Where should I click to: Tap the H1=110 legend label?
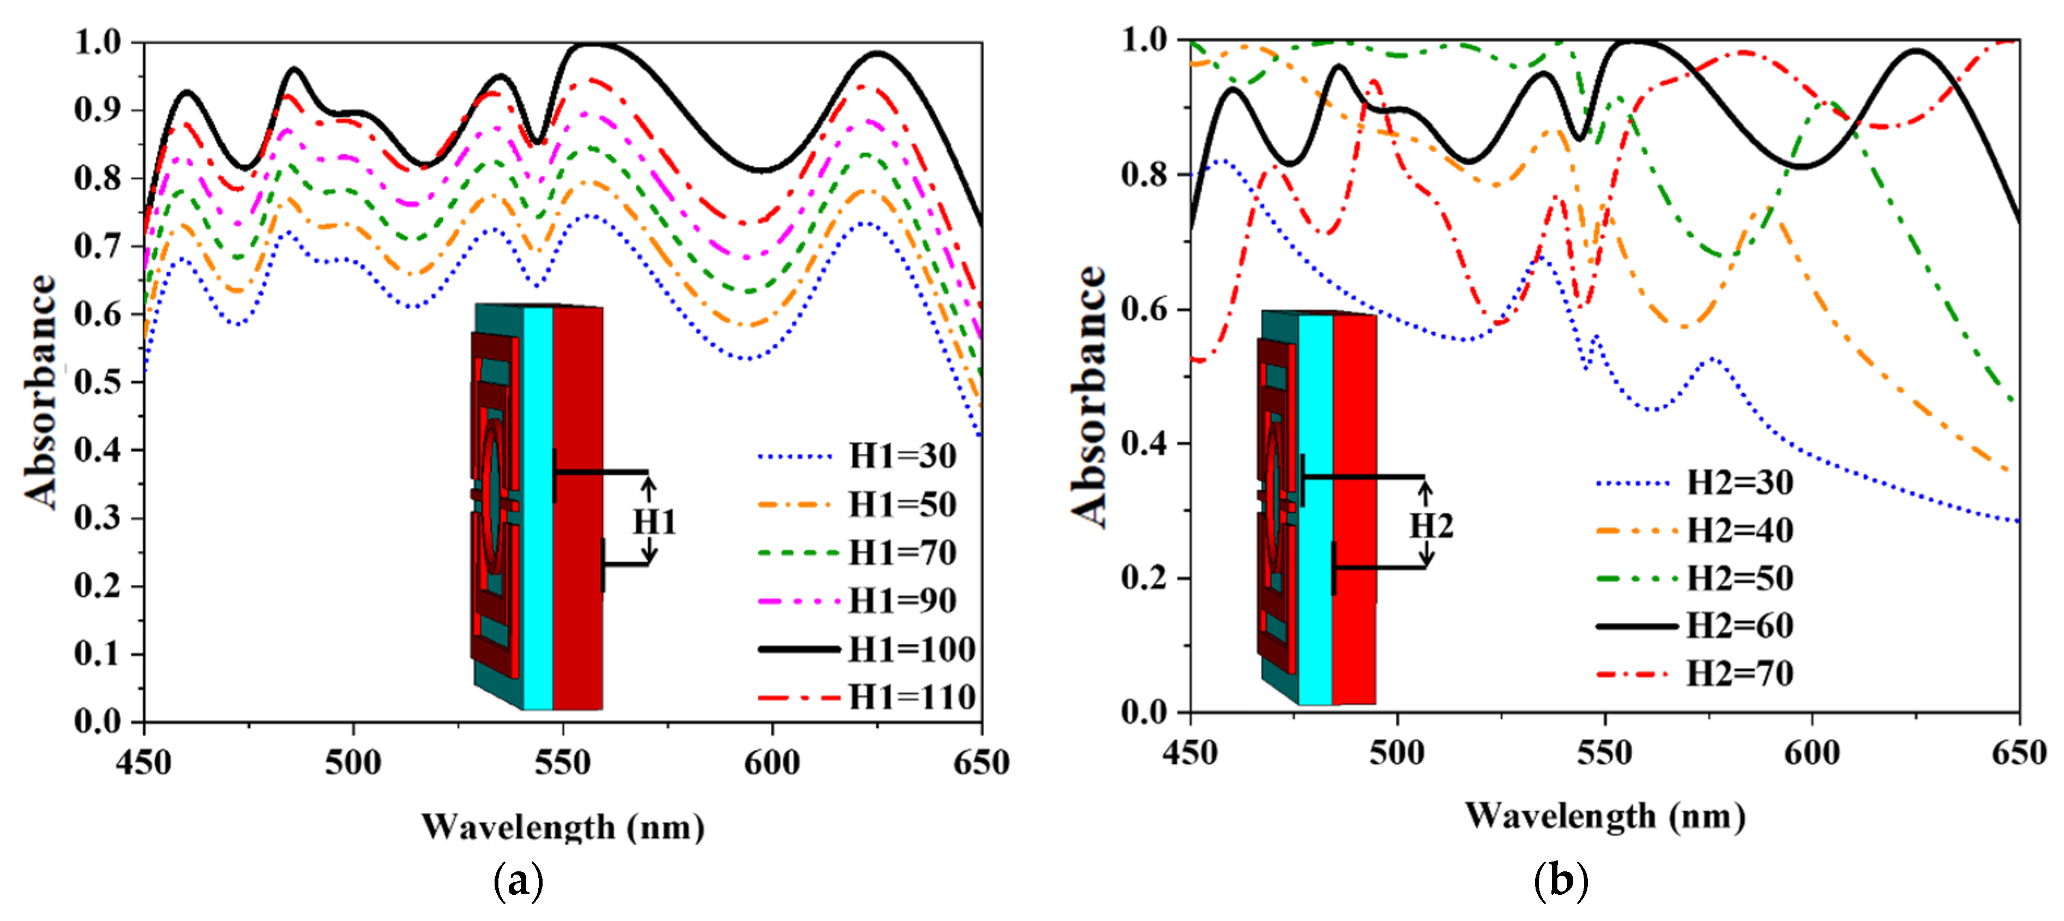click(x=911, y=697)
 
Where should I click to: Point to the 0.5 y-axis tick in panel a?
click(x=99, y=381)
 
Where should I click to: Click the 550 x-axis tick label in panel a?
click(x=562, y=762)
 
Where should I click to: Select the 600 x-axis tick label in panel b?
click(x=1812, y=752)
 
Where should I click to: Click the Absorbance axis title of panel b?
click(x=1090, y=397)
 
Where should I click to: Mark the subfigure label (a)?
click(x=519, y=882)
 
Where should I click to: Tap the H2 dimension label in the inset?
click(x=1431, y=526)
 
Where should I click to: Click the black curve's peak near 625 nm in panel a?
click(x=879, y=53)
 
